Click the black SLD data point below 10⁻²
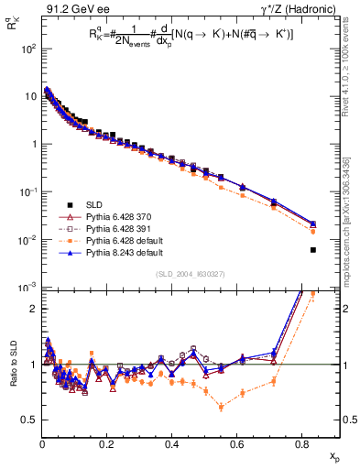pyautogui.click(x=313, y=250)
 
